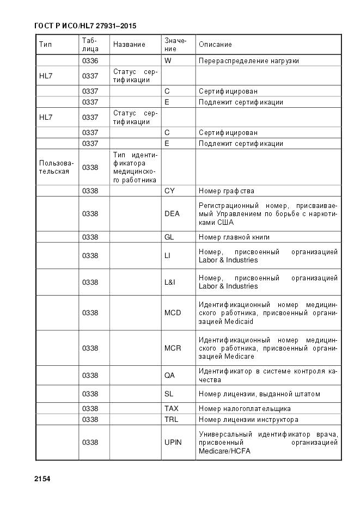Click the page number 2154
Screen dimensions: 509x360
click(x=42, y=479)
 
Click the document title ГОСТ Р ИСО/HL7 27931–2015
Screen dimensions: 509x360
click(x=85, y=26)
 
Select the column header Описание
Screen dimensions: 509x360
click(x=215, y=44)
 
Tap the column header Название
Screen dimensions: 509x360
click(x=129, y=44)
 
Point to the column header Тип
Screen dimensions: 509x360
click(x=45, y=44)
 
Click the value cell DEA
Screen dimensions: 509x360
click(x=172, y=214)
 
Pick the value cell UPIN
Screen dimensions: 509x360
click(x=173, y=443)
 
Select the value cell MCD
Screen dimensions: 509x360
click(x=173, y=313)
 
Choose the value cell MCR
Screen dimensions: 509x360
click(x=173, y=348)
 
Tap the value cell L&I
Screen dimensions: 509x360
click(x=170, y=283)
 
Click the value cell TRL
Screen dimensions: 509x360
click(x=171, y=420)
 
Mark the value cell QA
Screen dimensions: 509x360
click(x=169, y=376)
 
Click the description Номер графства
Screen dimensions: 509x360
click(x=226, y=191)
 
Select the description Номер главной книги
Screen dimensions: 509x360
click(x=234, y=237)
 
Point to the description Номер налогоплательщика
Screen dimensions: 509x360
click(x=245, y=409)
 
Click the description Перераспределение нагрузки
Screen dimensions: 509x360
click(x=248, y=61)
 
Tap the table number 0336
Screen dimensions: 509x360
click(x=90, y=61)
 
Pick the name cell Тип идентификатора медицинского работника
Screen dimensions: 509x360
click(x=135, y=168)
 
